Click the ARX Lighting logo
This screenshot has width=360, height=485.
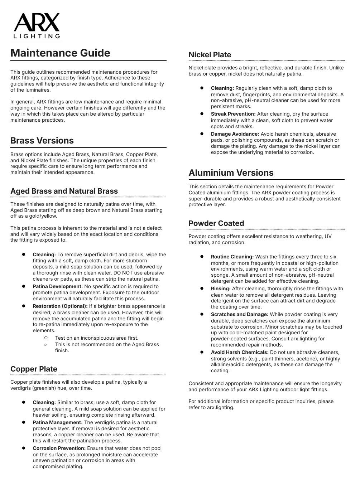[37, 26]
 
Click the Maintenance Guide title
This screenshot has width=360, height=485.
[60, 53]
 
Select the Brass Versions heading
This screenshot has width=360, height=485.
[42, 141]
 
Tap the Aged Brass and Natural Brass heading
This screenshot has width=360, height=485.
[64, 191]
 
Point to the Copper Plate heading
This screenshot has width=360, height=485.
[34, 369]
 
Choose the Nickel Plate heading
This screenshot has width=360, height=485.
[210, 55]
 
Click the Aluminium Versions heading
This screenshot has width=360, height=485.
[231, 173]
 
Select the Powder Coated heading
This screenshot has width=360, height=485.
[216, 223]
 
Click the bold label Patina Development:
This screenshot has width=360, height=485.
[58, 286]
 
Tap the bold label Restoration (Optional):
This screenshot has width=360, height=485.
[60, 306]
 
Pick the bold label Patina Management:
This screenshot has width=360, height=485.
[58, 422]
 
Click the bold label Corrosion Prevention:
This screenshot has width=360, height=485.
[59, 448]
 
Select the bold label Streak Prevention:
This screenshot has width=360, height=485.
[233, 114]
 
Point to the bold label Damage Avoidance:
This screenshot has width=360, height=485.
[235, 134]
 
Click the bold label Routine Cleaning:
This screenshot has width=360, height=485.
[232, 257]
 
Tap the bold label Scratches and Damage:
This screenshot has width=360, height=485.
[239, 314]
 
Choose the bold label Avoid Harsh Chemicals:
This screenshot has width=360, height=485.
[239, 352]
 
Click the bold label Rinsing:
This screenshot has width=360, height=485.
[221, 288]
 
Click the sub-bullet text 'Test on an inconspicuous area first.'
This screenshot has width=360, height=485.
[97, 338]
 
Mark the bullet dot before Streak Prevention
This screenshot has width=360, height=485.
[202, 114]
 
